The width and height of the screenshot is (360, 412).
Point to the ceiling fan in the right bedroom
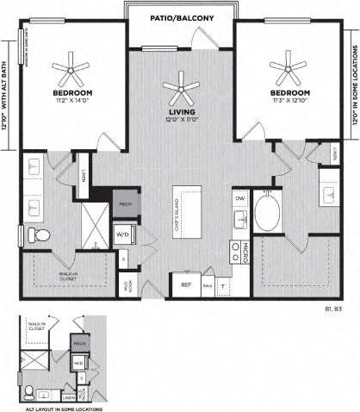click(x=289, y=65)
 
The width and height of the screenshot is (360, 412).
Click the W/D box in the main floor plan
click(x=123, y=233)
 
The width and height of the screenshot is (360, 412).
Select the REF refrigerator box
click(x=184, y=284)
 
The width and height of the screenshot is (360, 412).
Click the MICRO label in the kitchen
click(x=245, y=251)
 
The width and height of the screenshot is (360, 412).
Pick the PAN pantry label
click(x=207, y=284)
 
